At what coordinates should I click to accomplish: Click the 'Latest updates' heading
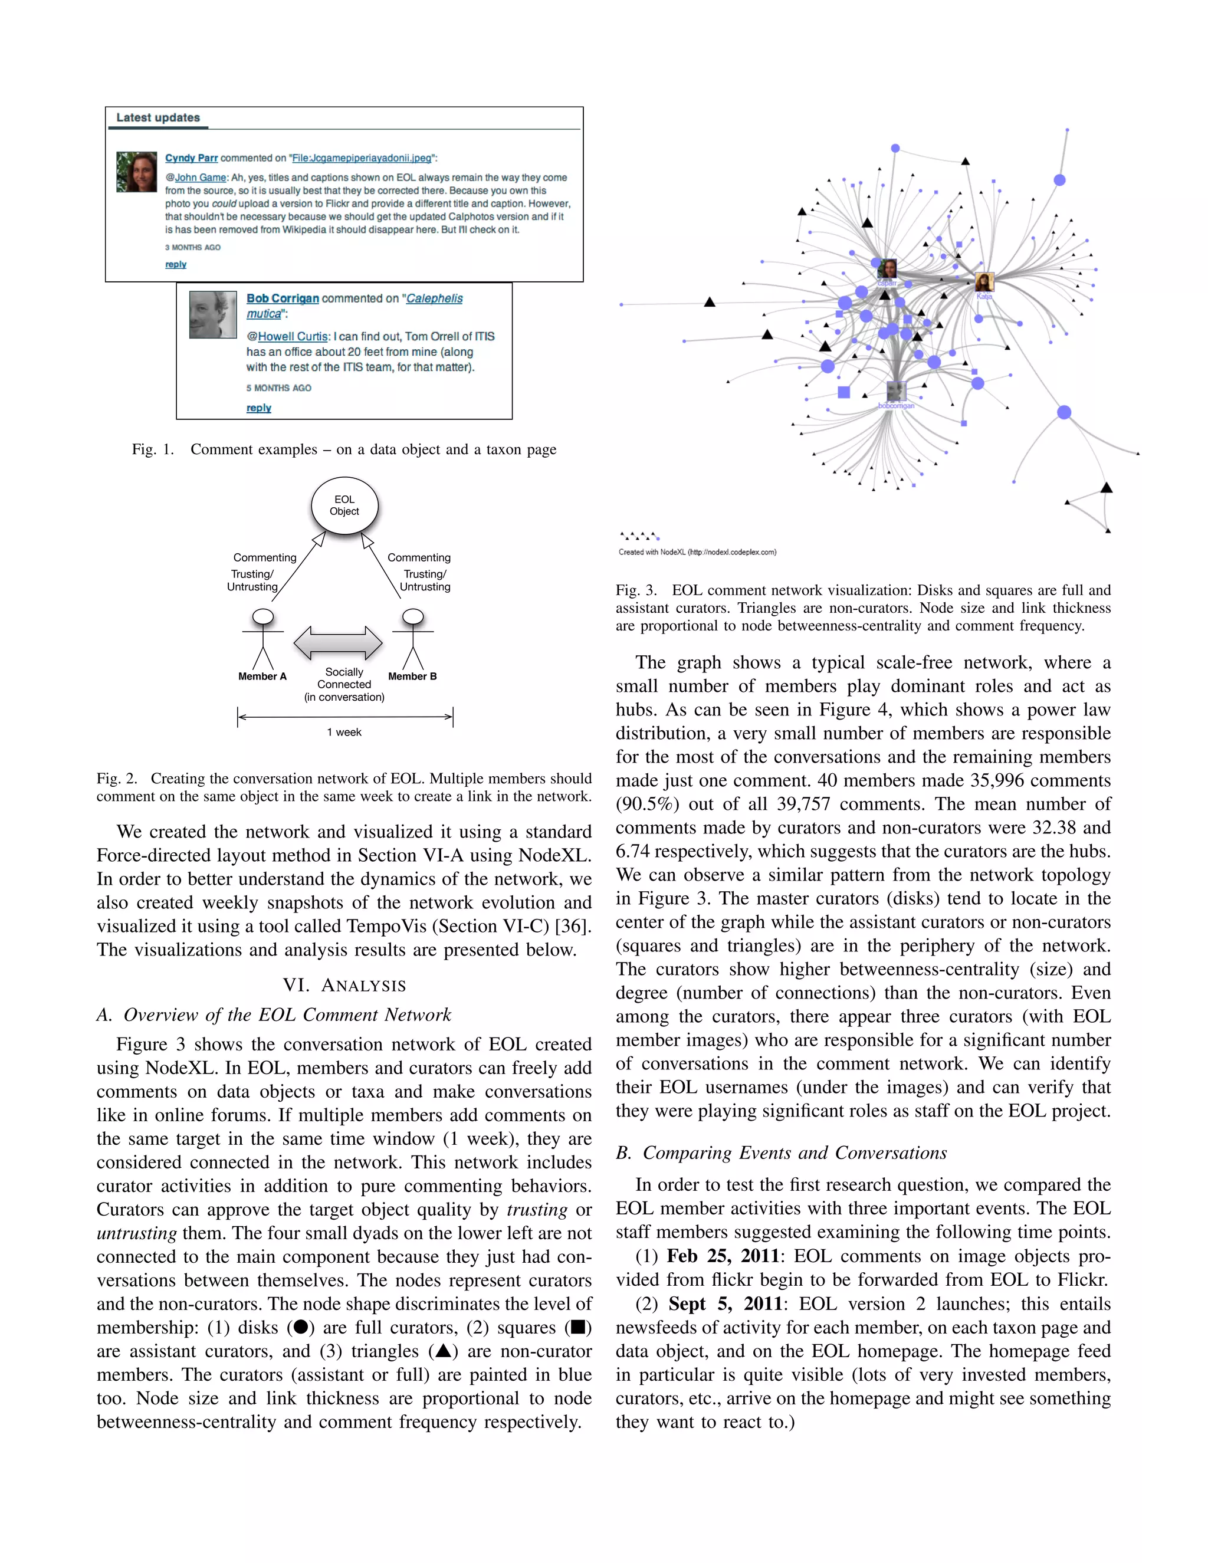(x=157, y=117)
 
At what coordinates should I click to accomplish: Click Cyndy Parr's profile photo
(x=136, y=172)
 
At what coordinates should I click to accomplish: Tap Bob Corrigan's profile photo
(x=212, y=314)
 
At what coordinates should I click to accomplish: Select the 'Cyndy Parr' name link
(x=191, y=158)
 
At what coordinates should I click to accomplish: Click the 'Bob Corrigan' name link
(x=283, y=298)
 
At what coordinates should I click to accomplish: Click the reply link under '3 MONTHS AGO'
(x=175, y=264)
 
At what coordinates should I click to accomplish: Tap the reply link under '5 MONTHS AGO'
(x=258, y=408)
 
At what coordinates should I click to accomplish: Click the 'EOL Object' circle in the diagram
(x=344, y=505)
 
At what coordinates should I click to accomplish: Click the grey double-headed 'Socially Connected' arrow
(x=338, y=643)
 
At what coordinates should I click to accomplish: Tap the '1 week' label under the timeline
(x=344, y=732)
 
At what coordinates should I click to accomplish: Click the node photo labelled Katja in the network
(x=984, y=282)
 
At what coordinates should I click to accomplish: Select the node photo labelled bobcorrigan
(x=896, y=392)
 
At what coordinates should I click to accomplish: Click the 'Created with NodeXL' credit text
(x=697, y=552)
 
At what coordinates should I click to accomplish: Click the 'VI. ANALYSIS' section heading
(x=344, y=986)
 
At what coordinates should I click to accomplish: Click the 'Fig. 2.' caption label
(x=117, y=779)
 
